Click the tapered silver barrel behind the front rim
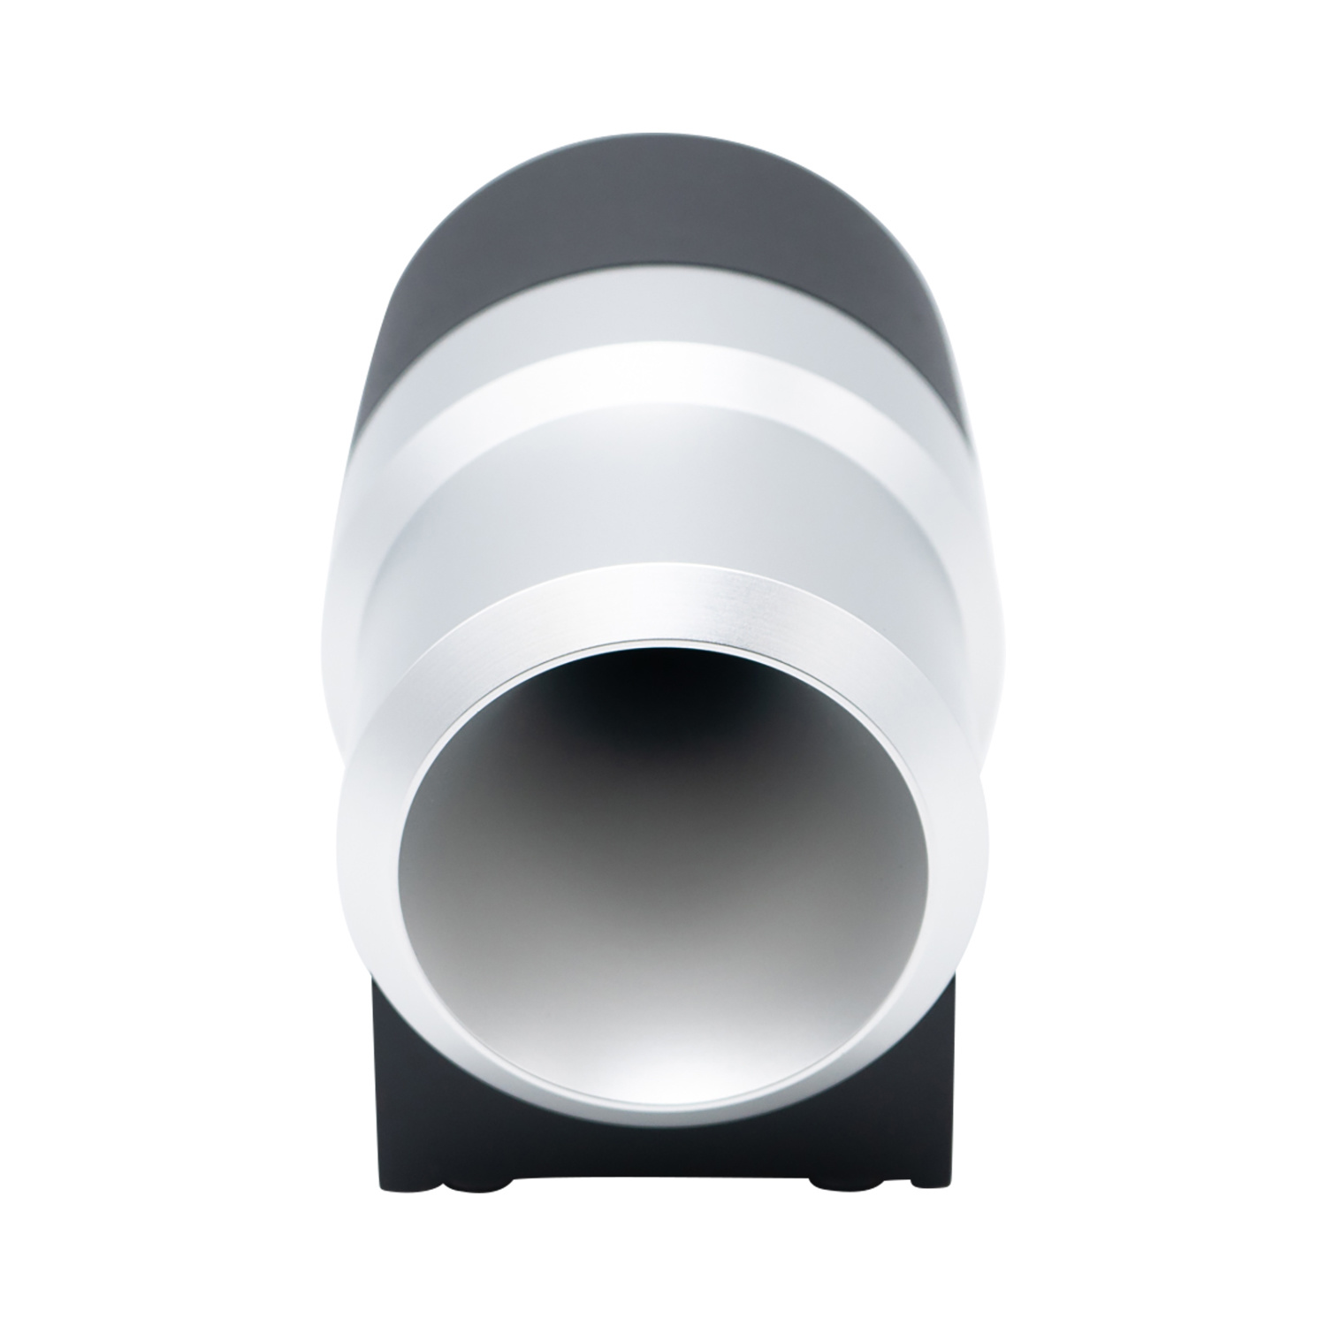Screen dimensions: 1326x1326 (663, 495)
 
